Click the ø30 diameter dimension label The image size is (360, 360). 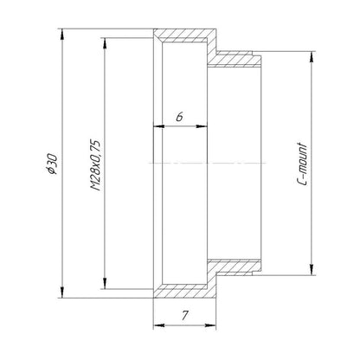(52, 164)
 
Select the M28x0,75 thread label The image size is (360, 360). (95, 165)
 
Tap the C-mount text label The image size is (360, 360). (302, 164)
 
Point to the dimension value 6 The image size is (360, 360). (180, 117)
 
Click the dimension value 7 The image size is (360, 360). (185, 316)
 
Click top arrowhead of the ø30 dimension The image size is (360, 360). (61, 34)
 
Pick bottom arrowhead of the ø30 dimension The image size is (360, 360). (61, 292)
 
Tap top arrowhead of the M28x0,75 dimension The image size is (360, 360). (105, 43)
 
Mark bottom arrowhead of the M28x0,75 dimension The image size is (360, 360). (105, 283)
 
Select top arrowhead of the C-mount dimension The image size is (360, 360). (311, 56)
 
